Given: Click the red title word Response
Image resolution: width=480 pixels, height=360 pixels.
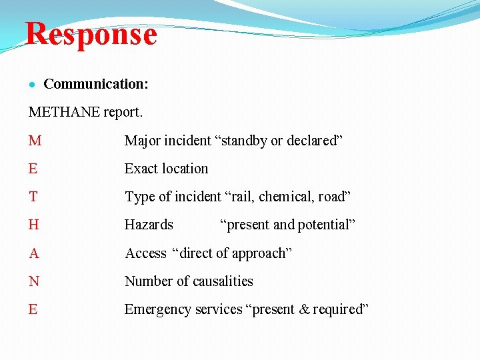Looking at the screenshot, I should (x=91, y=34).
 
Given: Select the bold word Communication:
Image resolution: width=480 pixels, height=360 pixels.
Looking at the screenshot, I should (x=96, y=84).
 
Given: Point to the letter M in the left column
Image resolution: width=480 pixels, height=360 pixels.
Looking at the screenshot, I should (x=35, y=141).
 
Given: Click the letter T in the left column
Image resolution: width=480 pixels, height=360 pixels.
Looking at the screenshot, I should (x=33, y=197).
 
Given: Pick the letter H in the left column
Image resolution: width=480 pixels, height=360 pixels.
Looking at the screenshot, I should (x=34, y=225).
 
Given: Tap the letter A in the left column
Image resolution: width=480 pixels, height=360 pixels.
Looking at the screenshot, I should (x=34, y=253).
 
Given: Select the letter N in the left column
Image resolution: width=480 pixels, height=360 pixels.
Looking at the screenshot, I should (x=34, y=281).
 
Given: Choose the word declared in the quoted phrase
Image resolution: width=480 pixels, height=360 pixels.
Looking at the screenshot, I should (x=312, y=141).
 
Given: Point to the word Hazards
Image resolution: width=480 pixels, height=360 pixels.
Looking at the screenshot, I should (x=149, y=225).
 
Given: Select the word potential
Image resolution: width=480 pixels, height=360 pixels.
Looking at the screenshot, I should (x=325, y=225).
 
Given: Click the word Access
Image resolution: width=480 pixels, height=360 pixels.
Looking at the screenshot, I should (x=146, y=253).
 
